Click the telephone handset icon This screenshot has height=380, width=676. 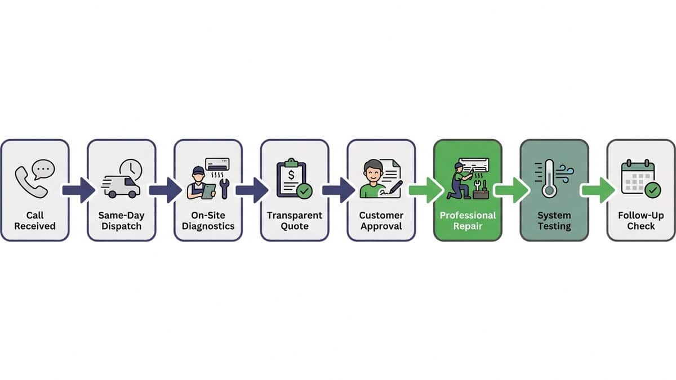point(30,182)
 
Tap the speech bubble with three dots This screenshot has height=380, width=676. point(44,169)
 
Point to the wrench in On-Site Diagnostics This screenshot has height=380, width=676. point(224,189)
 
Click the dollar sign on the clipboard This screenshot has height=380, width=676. point(291,175)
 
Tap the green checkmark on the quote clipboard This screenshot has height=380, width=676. point(305,191)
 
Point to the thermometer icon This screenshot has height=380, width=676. point(549,178)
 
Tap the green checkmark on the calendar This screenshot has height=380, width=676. point(653,190)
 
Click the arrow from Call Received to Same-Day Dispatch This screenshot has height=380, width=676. point(78,190)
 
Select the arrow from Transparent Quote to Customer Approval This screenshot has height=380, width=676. point(339,190)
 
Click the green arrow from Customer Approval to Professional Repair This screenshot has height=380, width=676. point(425,190)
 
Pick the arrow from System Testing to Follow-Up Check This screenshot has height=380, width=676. point(599,190)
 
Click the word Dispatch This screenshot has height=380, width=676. point(121,226)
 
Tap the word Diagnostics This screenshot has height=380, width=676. point(208,226)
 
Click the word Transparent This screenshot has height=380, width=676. point(295,215)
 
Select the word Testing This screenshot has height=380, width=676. point(554,226)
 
